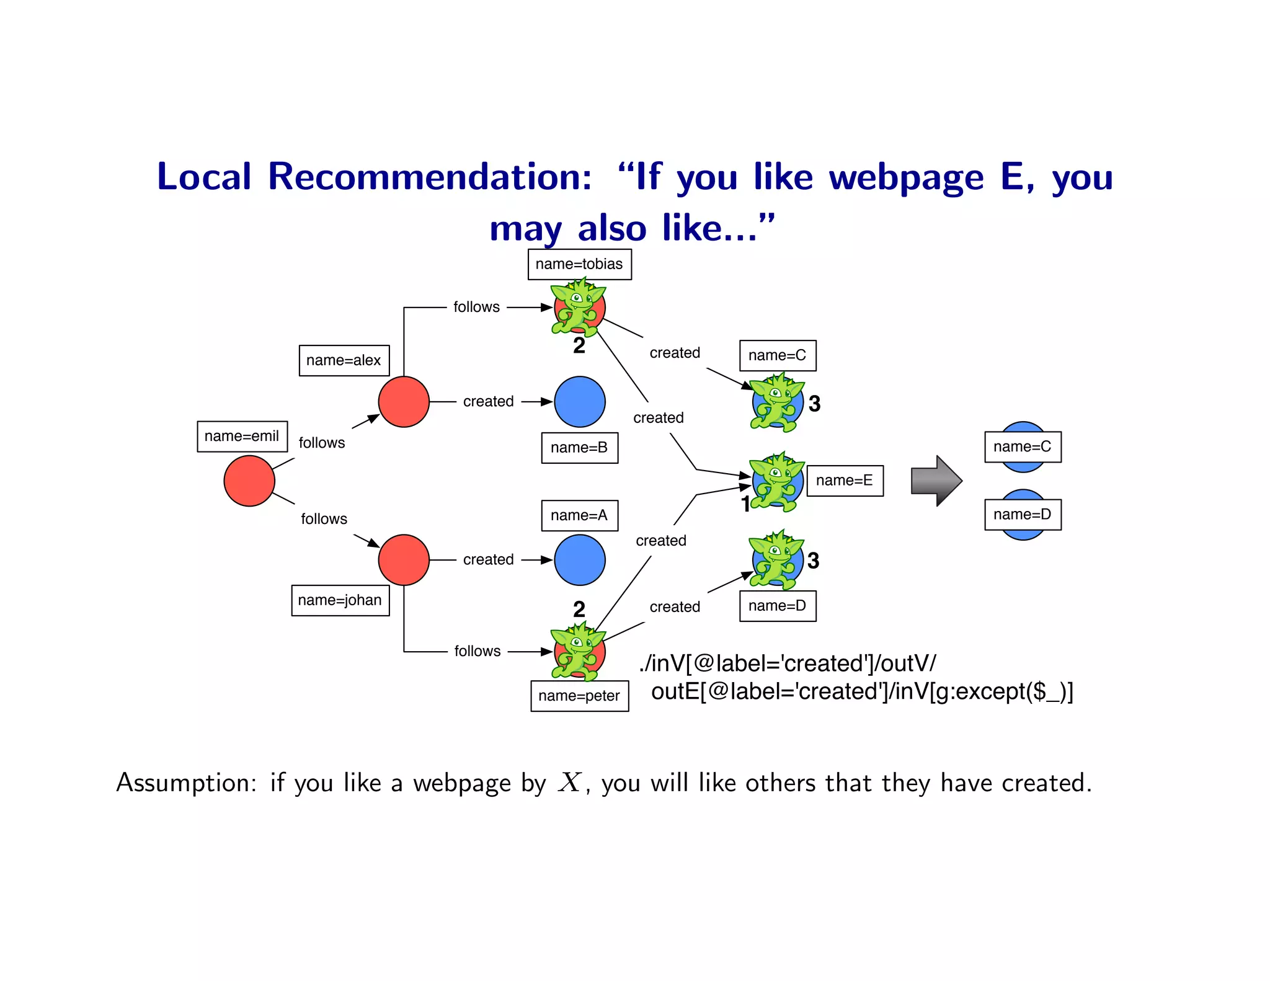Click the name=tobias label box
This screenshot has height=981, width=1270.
click(579, 264)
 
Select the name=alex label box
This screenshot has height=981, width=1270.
click(344, 360)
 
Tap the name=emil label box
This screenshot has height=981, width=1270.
click(242, 436)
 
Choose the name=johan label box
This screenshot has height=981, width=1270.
click(340, 600)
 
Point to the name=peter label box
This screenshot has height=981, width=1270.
click(579, 696)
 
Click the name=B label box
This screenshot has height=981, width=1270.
click(579, 448)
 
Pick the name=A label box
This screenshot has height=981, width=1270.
click(579, 515)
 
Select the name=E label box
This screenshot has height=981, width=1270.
click(845, 481)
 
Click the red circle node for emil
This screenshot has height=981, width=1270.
click(249, 481)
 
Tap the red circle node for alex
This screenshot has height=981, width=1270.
click(404, 402)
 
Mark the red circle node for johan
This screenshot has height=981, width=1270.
click(404, 560)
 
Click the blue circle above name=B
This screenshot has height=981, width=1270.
click(579, 402)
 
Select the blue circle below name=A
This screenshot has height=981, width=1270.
click(579, 560)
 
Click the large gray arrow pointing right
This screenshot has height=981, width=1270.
click(936, 481)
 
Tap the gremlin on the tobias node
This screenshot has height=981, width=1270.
click(578, 307)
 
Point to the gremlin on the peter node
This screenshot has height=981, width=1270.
click(578, 651)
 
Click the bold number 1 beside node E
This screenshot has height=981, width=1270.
click(746, 504)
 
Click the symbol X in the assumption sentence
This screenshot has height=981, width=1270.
click(569, 783)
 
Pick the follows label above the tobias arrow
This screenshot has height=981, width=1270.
click(476, 307)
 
